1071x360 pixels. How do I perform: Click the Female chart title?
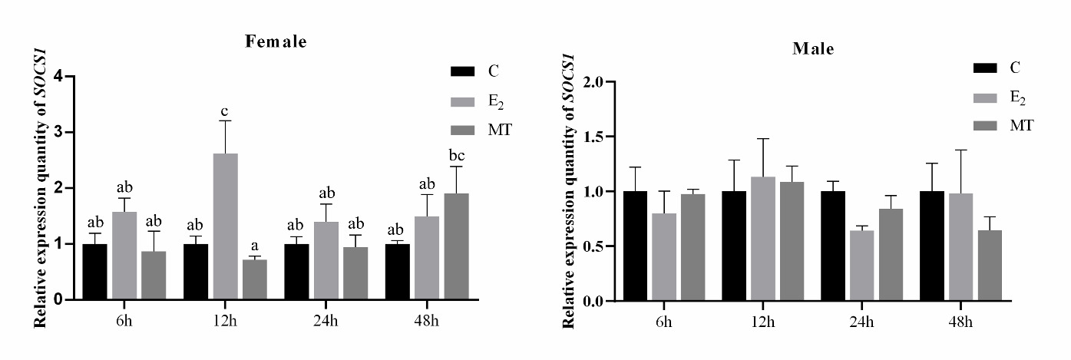coord(276,42)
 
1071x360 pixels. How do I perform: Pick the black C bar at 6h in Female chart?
coord(95,272)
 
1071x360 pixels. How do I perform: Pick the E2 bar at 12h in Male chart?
coord(763,239)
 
